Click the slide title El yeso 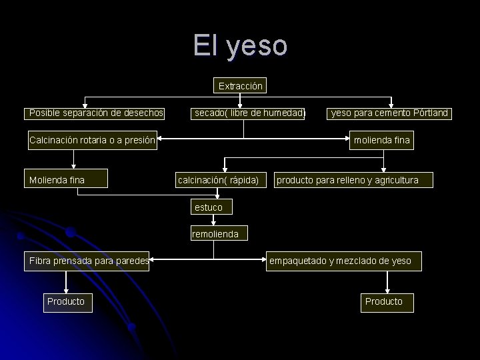tap(241, 45)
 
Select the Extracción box tap(241, 86)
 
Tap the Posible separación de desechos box tap(96, 113)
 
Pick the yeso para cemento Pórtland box tap(390, 113)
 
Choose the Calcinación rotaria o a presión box tap(92, 140)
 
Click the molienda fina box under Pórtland tap(383, 140)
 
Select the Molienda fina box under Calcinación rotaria tap(57, 180)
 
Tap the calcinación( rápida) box tap(218, 180)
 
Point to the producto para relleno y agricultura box tap(347, 180)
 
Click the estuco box tap(209, 207)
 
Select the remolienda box tap(210, 234)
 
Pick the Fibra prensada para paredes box tap(88, 261)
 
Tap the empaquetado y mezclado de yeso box tap(340, 261)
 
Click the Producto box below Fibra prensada tap(65, 301)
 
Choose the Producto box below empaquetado tap(383, 301)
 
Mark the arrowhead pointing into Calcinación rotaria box tap(161, 140)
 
